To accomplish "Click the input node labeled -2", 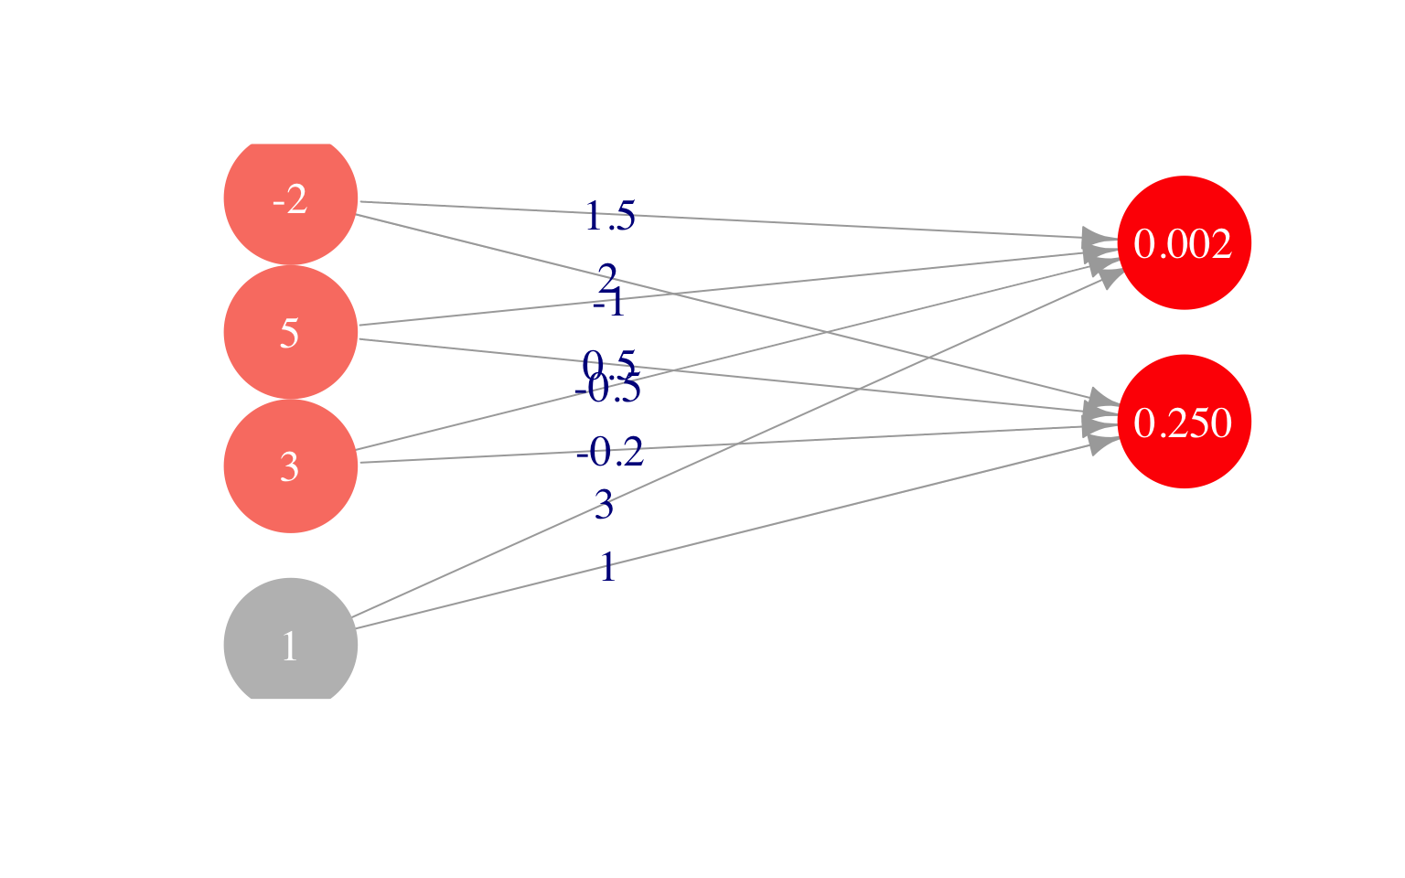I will [x=290, y=199].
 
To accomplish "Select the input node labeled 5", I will [x=290, y=332].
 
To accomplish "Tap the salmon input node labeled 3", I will [x=290, y=466].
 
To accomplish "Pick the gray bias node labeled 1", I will [x=290, y=645].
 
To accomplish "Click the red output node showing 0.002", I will [x=1184, y=243].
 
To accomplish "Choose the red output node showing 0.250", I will [x=1184, y=422].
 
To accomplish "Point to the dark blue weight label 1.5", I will [x=609, y=217].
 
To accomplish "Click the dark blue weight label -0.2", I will [x=610, y=452].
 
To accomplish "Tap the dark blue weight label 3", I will [x=604, y=505].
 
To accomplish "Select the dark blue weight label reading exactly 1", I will [x=607, y=568].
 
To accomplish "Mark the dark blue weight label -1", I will [x=609, y=303].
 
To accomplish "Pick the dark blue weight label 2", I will [x=607, y=276].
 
